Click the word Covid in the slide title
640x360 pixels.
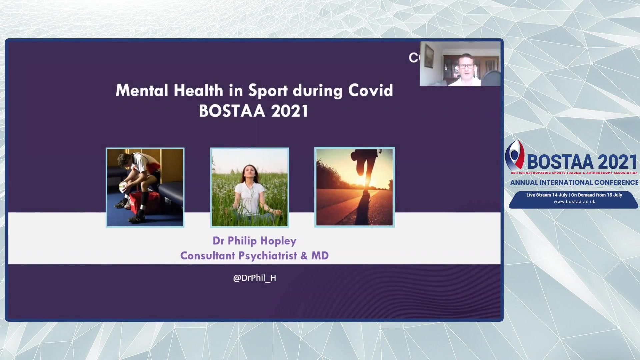(371, 90)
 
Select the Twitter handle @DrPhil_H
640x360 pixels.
(255, 278)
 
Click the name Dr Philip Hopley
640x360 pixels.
(254, 241)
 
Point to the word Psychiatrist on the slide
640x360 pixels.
(268, 256)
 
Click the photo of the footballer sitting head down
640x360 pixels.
(145, 187)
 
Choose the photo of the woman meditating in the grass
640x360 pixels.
(250, 187)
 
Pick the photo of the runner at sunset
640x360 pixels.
(355, 187)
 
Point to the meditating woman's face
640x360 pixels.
(249, 173)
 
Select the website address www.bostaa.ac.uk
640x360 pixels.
(574, 202)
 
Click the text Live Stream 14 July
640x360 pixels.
(547, 195)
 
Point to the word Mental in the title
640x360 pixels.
(142, 91)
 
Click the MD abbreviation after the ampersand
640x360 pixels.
(320, 256)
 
